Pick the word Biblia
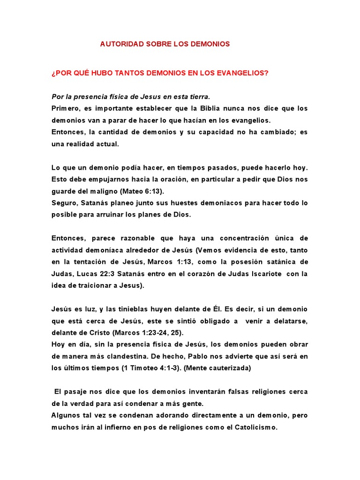(x=218, y=108)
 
